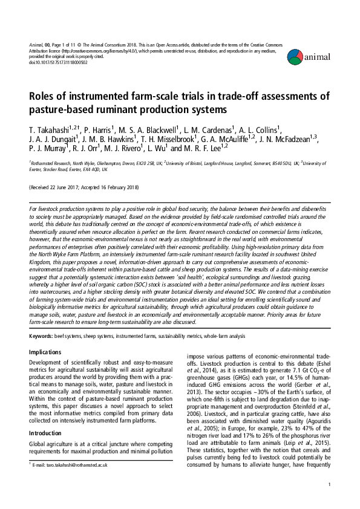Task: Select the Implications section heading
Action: tap(50, 352)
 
